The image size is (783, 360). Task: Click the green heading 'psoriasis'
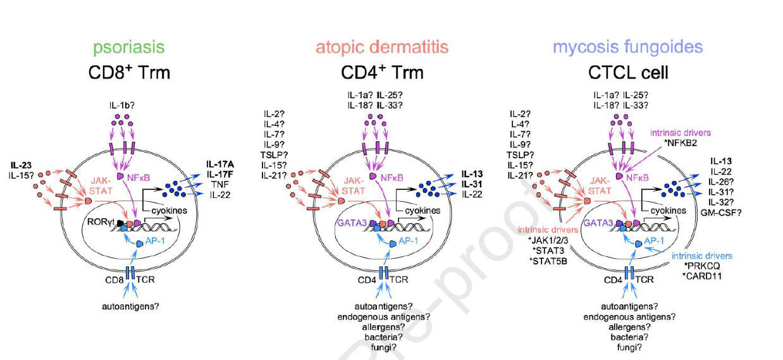(x=129, y=47)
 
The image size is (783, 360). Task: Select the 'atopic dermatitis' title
(x=382, y=47)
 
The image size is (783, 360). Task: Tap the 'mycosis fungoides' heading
(x=627, y=47)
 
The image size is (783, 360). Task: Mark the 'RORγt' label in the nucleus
(x=104, y=223)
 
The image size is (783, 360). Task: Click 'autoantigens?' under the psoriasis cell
(x=129, y=307)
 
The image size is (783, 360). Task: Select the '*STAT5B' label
(x=548, y=260)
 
